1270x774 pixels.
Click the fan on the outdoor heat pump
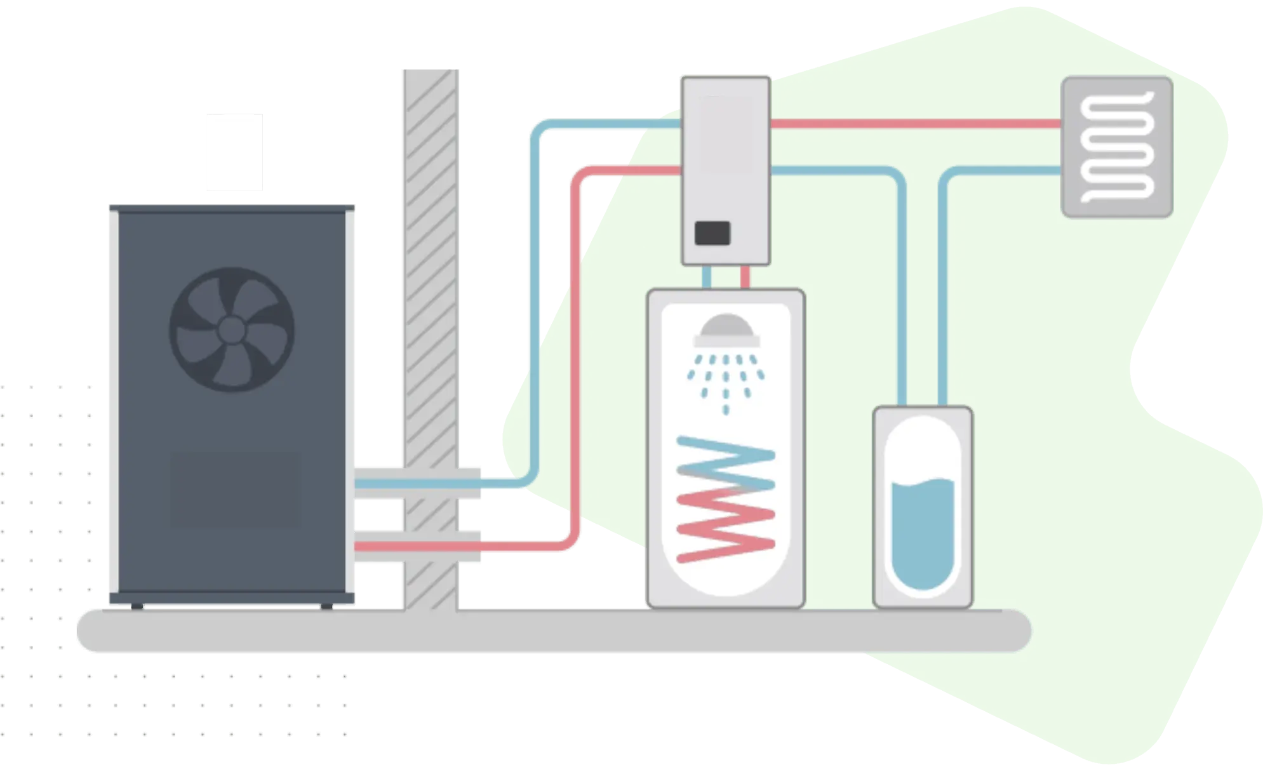[232, 329]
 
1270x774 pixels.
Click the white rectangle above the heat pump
[234, 152]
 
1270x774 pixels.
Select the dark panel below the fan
[234, 489]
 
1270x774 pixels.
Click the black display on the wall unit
[712, 234]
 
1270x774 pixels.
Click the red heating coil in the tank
[725, 530]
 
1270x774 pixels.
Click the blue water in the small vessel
[923, 533]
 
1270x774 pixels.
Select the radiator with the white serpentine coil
[1117, 147]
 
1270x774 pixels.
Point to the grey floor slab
[552, 631]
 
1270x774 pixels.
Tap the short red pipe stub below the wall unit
[745, 277]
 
